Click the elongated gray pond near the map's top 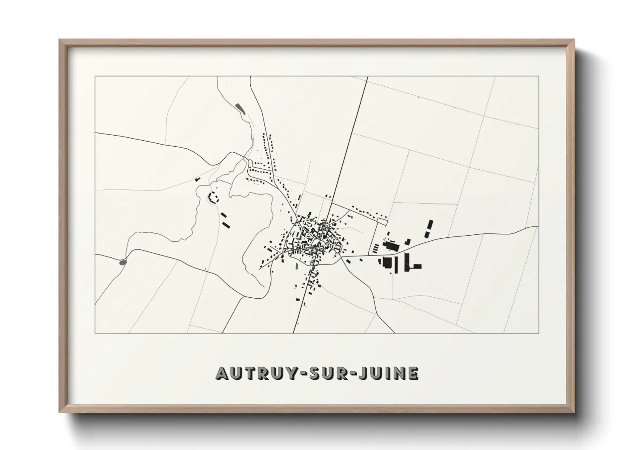pyautogui.click(x=240, y=108)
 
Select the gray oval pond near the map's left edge pyautogui.click(x=123, y=262)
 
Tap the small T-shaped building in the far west pyautogui.click(x=198, y=180)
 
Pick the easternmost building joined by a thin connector pyautogui.click(x=417, y=266)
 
